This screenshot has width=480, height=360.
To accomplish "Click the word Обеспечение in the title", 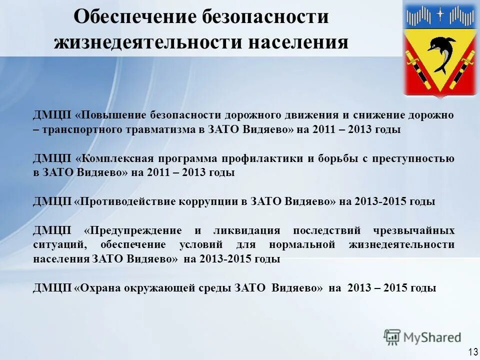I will (135, 16).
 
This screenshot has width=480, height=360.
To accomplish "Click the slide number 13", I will (472, 351).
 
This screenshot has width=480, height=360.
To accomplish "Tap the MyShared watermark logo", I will (422, 337).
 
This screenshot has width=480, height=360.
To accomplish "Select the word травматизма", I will (162, 129).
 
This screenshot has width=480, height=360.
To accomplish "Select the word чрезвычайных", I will (413, 230).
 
